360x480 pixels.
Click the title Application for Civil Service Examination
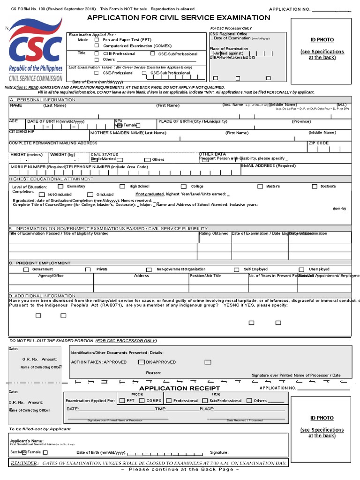tap(178, 18)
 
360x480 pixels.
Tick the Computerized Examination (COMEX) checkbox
tap(97, 46)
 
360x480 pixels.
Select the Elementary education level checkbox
tap(60, 187)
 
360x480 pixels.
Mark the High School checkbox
tap(122, 187)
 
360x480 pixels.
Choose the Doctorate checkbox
tap(315, 187)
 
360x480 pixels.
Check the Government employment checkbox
tap(26, 270)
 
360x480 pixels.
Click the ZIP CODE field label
tap(318, 143)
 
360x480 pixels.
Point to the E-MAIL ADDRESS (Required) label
tap(268, 166)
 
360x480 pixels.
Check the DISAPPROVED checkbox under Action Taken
tap(141, 362)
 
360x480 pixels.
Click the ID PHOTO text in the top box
tap(322, 40)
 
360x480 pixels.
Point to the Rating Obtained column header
tap(214, 233)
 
